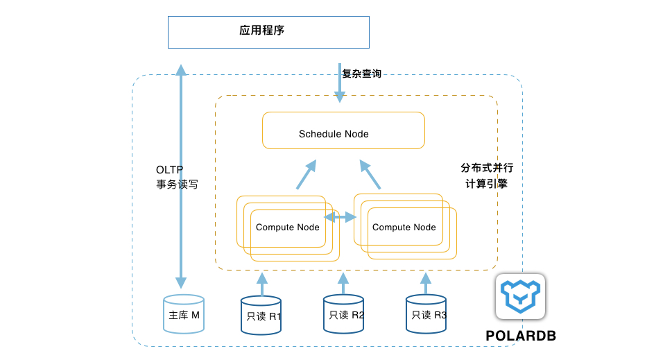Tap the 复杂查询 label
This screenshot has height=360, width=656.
point(362,74)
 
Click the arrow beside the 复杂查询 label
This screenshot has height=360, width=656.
point(340,83)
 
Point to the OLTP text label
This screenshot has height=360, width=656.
point(169,170)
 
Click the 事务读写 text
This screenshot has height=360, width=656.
point(177,185)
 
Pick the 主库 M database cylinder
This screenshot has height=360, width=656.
point(184,314)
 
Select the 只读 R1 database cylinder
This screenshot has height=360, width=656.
point(261,315)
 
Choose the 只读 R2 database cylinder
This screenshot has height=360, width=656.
point(343,314)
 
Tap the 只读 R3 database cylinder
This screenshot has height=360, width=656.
point(426,314)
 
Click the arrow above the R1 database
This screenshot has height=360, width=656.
point(262,284)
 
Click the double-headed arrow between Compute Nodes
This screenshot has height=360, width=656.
point(340,217)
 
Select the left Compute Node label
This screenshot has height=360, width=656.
point(287,228)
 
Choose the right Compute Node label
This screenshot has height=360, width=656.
point(404,228)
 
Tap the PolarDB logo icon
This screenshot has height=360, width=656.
point(521,297)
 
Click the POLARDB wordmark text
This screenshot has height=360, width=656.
point(521,336)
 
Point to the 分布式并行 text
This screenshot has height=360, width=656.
point(487,168)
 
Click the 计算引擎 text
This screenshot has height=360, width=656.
point(487,184)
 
